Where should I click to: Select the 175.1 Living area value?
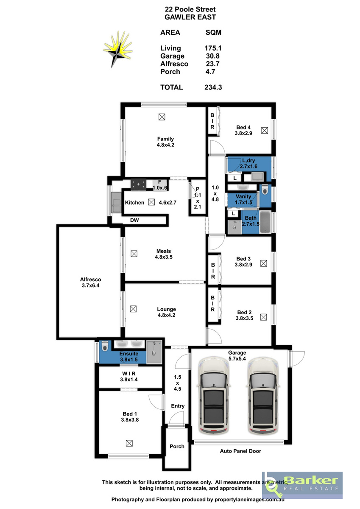pos(213,48)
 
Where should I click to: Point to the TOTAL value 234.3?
pos(213,87)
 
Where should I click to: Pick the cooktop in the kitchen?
pos(138,185)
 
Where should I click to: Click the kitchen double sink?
pos(116,202)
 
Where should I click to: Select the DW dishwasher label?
pos(134,220)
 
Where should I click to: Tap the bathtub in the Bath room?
pos(265,222)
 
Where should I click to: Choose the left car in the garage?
pos(214,395)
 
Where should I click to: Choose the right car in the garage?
pos(263,395)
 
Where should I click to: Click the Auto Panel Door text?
pos(240,451)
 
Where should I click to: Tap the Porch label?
pos(177,446)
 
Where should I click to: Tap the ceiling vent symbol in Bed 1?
pos(129,443)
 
